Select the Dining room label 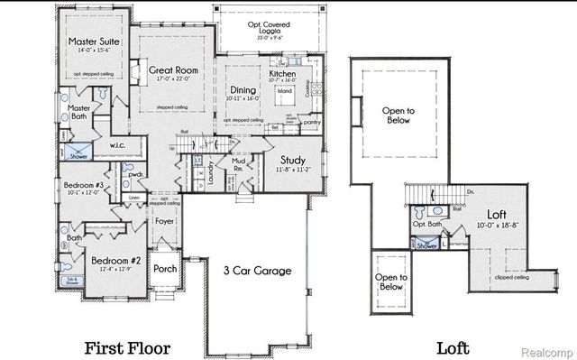(243, 90)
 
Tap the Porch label (165, 268)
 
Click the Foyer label (164, 220)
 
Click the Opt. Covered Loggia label (266, 28)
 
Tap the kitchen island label (284, 92)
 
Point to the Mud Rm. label (239, 165)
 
